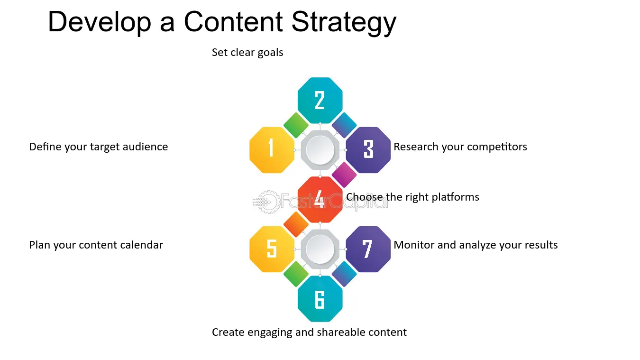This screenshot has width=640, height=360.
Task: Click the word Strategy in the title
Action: (344, 22)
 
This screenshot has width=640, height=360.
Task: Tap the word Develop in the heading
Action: (100, 22)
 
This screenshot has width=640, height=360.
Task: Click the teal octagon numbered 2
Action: (320, 100)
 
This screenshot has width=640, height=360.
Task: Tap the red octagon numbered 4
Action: (320, 200)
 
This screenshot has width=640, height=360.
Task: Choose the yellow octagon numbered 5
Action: (272, 249)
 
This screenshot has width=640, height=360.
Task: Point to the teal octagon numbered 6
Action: (320, 299)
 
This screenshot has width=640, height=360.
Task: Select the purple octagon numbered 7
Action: (368, 249)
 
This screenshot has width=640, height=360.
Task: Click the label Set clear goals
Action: (247, 53)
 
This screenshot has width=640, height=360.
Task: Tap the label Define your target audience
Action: (99, 147)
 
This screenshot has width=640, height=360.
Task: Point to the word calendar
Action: (141, 245)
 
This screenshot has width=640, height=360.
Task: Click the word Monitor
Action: (413, 245)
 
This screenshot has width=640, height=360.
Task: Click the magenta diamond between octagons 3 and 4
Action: (344, 175)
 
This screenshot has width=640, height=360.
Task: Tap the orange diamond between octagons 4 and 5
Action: (296, 224)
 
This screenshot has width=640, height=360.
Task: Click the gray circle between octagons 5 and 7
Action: (320, 249)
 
